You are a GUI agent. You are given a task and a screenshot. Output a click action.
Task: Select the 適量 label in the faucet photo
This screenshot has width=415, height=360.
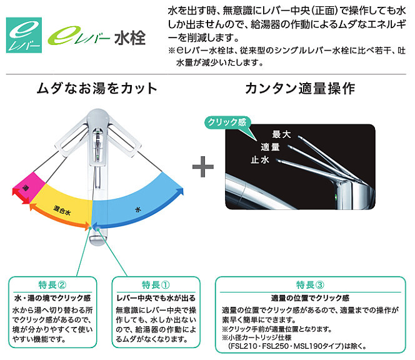tap(269, 147)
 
